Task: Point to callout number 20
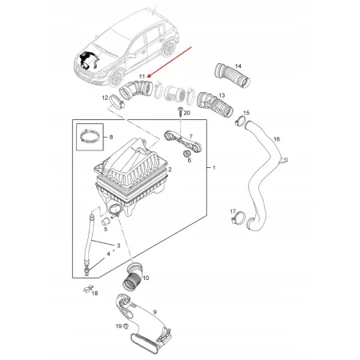[x=187, y=114]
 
